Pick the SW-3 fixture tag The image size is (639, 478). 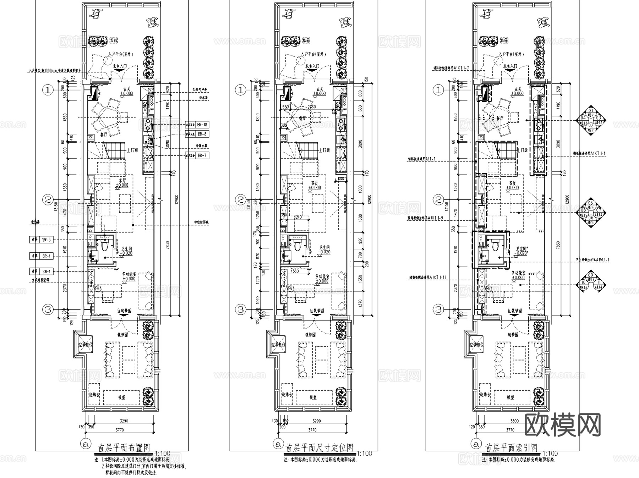click(x=46, y=240)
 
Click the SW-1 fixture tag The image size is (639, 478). click(x=46, y=271)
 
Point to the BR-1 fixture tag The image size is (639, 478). click(x=46, y=256)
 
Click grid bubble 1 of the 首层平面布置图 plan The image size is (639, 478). click(x=48, y=90)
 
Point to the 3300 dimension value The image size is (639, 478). click(x=514, y=421)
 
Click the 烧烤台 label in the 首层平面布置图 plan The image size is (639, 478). click(x=94, y=395)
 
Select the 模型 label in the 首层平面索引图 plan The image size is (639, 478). click(x=510, y=397)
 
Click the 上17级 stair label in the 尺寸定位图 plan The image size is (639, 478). click(x=324, y=150)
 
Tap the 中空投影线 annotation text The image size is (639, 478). click(x=201, y=223)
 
